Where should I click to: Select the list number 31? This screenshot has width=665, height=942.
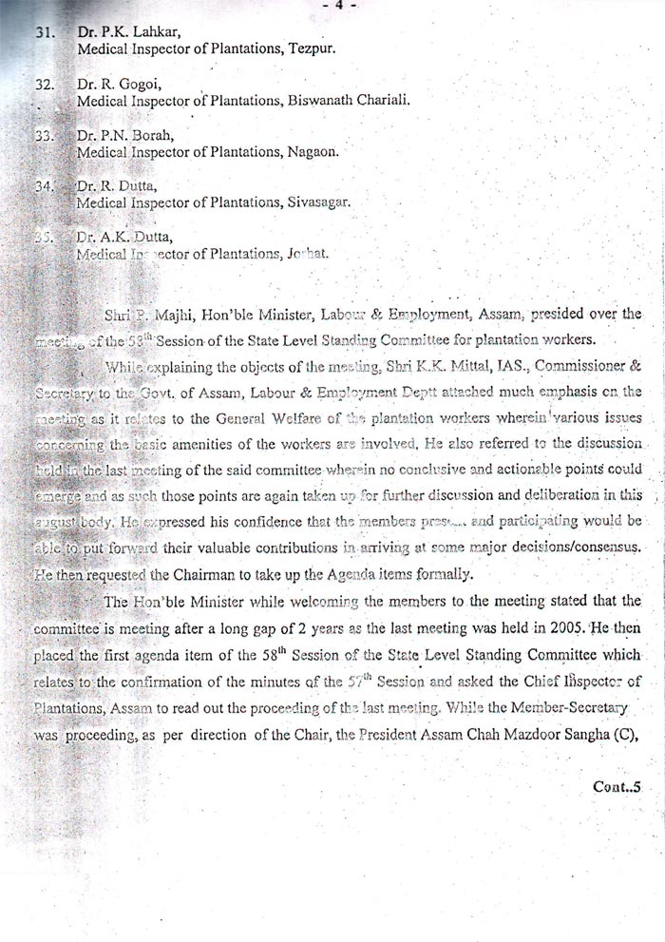coord(43,31)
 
